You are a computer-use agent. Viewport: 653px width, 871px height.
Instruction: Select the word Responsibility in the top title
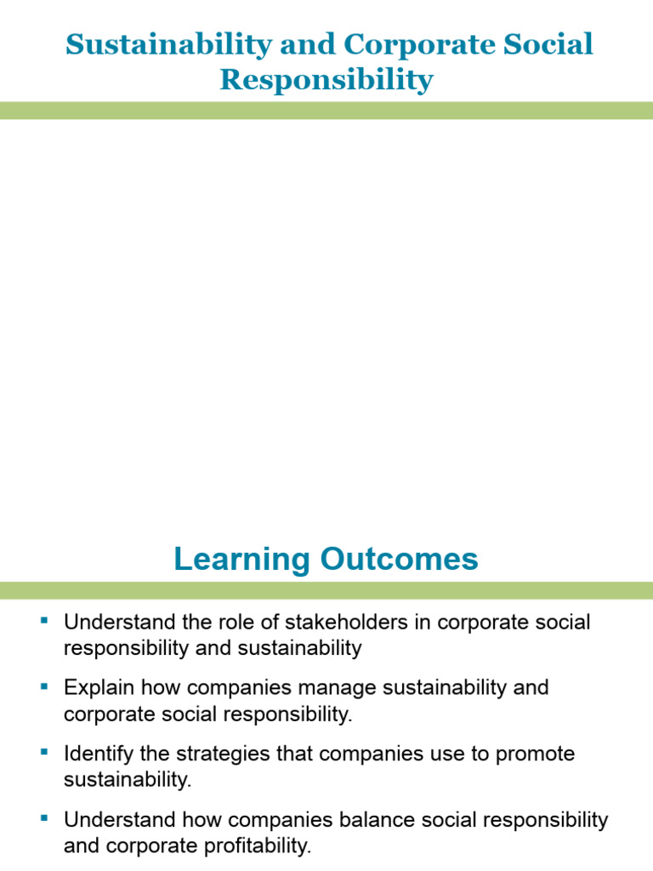point(326,80)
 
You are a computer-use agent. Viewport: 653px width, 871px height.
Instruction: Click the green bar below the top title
point(326,111)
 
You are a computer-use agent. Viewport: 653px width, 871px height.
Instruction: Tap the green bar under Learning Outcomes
point(326,590)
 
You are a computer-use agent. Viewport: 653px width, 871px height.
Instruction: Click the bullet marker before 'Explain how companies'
point(45,686)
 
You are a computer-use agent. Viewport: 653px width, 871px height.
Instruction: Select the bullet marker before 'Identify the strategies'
point(45,752)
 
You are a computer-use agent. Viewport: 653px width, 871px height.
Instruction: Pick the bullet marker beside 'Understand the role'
point(45,620)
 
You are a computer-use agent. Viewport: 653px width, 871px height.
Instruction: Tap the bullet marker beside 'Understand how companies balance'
point(45,818)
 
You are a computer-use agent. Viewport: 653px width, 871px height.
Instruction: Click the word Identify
point(97,754)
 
